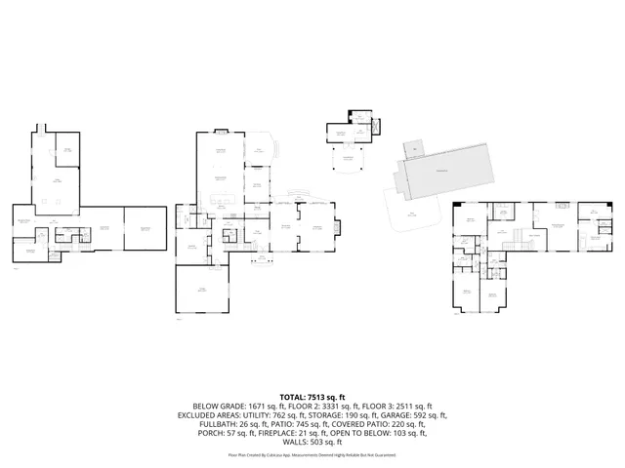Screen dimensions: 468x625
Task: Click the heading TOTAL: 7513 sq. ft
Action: (x=312, y=398)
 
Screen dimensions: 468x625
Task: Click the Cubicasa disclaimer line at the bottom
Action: (x=312, y=454)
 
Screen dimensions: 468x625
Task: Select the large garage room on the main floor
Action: (x=203, y=290)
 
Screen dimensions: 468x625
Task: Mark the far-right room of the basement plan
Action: (x=145, y=228)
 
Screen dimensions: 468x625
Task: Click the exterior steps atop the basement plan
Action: (x=41, y=127)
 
